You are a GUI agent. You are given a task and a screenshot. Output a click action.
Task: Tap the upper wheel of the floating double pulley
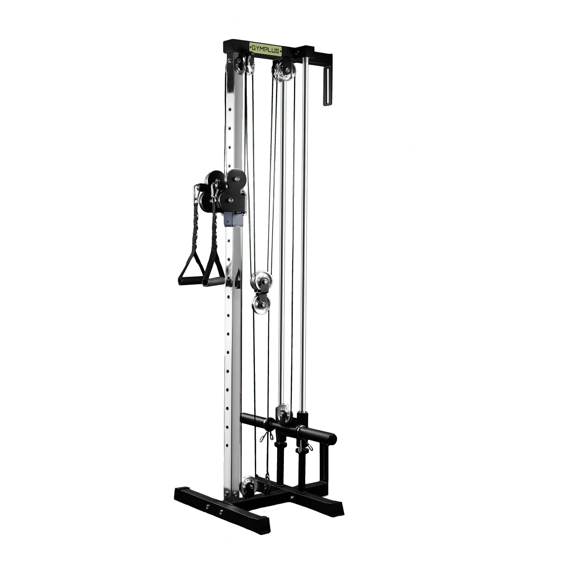(260, 281)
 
